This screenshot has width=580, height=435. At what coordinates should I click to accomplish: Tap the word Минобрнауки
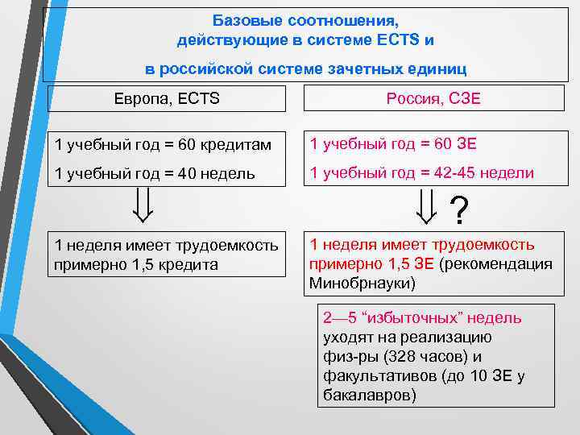(x=352, y=284)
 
